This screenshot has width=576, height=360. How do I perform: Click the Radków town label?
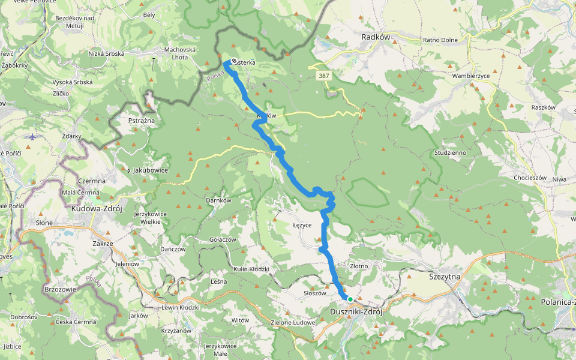pos(376,37)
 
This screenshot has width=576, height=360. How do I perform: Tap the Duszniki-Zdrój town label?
pos(356,312)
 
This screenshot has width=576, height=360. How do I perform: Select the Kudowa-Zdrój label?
pos(97,209)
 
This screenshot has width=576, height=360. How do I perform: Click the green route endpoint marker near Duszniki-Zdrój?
pos(350,299)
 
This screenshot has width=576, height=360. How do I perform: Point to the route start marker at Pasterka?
pos(233,61)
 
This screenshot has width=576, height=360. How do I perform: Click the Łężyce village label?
pos(301,224)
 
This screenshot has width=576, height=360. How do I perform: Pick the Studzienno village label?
pos(450,153)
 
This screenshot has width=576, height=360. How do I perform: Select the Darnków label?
pos(218,200)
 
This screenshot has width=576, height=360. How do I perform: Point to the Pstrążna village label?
pos(142,121)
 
